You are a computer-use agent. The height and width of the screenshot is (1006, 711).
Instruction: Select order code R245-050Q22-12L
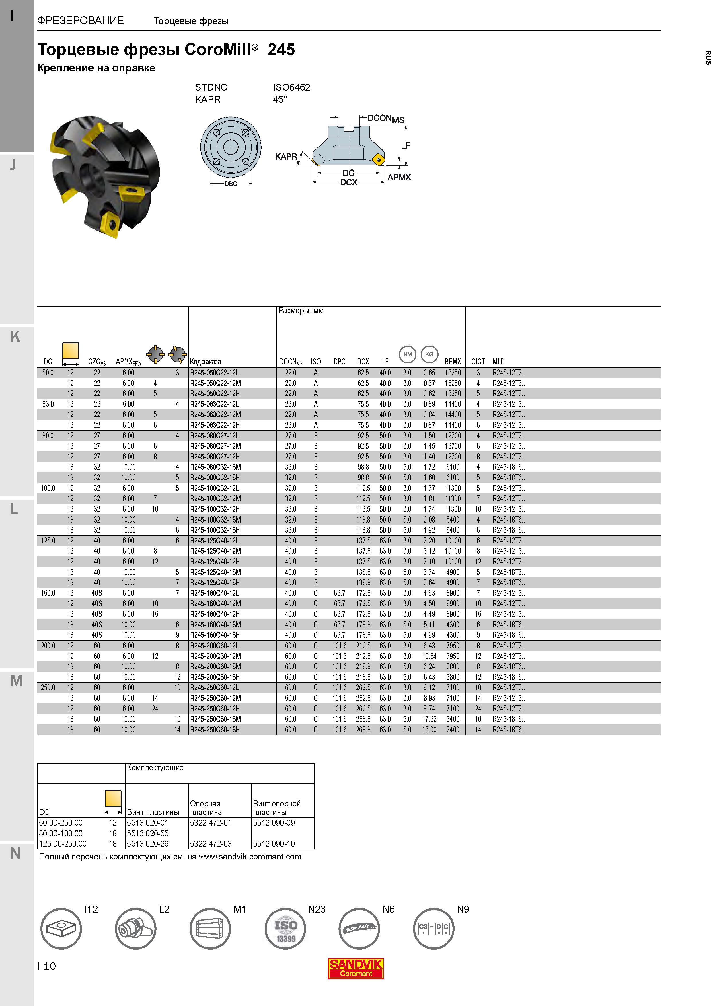tap(215, 373)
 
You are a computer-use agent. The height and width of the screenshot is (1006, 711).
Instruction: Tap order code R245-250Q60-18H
tap(215, 730)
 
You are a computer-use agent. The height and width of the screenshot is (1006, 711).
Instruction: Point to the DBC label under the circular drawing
tap(231, 184)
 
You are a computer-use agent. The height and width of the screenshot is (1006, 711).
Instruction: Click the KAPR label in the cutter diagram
tap(286, 156)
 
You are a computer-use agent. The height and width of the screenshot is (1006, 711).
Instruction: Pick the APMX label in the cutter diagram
tap(399, 177)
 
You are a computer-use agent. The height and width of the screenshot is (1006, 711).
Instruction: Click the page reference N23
tap(317, 909)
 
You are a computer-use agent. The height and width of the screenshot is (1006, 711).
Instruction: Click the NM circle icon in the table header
tap(407, 354)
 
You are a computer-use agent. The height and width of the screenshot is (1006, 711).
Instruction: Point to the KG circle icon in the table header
tap(429, 354)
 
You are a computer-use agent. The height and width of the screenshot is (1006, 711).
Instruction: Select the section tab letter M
tap(17, 681)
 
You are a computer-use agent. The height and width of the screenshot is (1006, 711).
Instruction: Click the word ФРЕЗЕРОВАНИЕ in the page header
tap(81, 21)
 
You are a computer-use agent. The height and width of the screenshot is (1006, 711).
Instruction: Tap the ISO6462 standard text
tap(291, 87)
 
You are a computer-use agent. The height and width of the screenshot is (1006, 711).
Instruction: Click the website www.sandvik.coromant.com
tap(250, 857)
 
